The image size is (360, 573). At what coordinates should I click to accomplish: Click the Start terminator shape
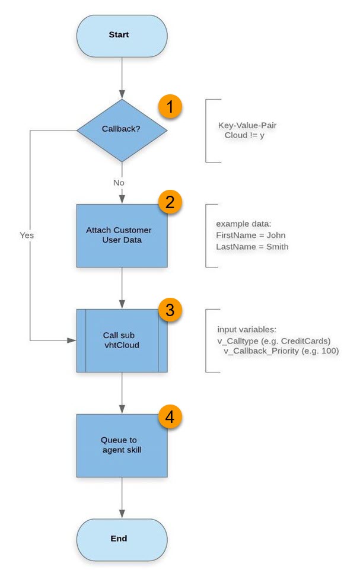pyautogui.click(x=122, y=35)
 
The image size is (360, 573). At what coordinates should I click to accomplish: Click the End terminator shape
pyautogui.click(x=122, y=539)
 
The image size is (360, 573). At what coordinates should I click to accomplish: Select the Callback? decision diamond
pyautogui.click(x=122, y=130)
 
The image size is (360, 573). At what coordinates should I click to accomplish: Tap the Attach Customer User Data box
pyautogui.click(x=122, y=235)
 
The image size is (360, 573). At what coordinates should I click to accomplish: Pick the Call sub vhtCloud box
pyautogui.click(x=122, y=340)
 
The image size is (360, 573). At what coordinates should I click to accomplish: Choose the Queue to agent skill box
pyautogui.click(x=122, y=445)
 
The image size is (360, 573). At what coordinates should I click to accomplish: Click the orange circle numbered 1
pyautogui.click(x=169, y=107)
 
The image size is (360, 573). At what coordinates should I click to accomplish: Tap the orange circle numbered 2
pyautogui.click(x=169, y=203)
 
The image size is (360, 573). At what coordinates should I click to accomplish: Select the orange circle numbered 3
pyautogui.click(x=169, y=308)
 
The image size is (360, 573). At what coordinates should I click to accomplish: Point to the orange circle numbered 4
pyautogui.click(x=169, y=418)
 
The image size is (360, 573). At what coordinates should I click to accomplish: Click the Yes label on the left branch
pyautogui.click(x=26, y=235)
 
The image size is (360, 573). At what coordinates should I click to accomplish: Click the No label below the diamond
pyautogui.click(x=119, y=183)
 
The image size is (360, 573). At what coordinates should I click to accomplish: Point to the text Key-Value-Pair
pyautogui.click(x=247, y=126)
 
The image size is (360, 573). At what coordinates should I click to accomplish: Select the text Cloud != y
pyautogui.click(x=244, y=136)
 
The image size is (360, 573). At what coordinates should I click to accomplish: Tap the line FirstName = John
pyautogui.click(x=251, y=235)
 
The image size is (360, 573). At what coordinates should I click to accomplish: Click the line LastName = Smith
pyautogui.click(x=252, y=246)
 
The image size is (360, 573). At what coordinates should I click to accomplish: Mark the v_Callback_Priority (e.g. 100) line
pyautogui.click(x=281, y=351)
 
